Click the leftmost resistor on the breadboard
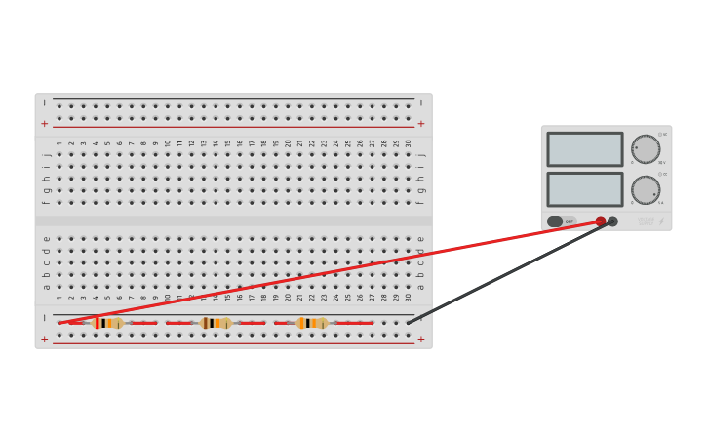(110, 323)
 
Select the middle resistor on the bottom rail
(216, 323)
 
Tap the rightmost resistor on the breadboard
(313, 323)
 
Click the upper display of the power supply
(584, 149)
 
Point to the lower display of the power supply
(584, 189)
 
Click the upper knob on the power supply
(646, 149)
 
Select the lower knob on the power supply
(646, 189)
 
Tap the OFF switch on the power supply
(561, 221)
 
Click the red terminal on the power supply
(601, 221)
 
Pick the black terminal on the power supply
(612, 221)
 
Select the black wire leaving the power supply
(507, 274)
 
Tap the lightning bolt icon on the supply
(661, 221)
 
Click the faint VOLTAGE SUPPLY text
(645, 221)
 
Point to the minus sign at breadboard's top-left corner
(44, 102)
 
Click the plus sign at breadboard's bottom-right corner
(421, 340)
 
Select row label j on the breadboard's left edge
(46, 154)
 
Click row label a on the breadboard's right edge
(421, 287)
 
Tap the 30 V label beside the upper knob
(661, 163)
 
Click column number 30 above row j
(408, 143)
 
